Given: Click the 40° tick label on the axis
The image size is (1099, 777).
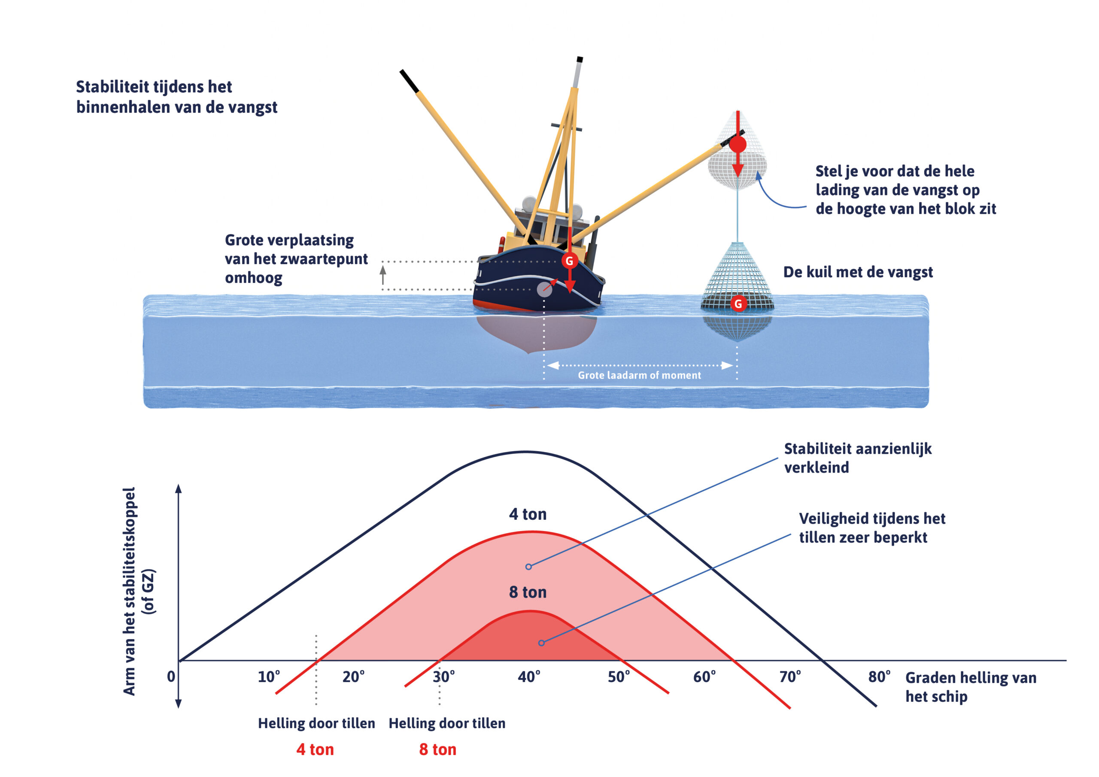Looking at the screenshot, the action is click(529, 677).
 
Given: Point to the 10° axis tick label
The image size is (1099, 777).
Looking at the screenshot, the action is click(269, 677).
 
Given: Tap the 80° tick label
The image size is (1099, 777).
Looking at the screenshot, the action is click(879, 677).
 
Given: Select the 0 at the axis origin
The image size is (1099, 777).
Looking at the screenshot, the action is click(171, 677).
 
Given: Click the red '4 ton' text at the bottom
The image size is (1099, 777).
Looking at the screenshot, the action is click(315, 750).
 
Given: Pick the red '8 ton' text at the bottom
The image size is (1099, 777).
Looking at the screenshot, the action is click(437, 750).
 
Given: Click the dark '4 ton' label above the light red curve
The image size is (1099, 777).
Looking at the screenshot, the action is click(528, 514).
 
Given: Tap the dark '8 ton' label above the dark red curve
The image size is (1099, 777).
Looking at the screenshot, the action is click(528, 592).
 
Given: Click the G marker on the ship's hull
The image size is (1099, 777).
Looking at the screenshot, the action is click(569, 261).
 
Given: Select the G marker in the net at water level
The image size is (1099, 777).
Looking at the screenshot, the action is click(738, 304).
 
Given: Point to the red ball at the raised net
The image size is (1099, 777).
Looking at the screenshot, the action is click(738, 144).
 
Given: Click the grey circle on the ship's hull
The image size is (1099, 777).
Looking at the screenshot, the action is click(544, 289).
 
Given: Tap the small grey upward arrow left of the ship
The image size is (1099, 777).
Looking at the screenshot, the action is click(383, 275).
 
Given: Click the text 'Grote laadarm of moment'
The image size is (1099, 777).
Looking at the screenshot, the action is click(639, 375).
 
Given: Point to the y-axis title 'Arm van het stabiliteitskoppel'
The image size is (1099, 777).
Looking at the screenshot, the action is click(129, 591).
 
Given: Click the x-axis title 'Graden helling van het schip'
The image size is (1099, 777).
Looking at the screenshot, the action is click(971, 687).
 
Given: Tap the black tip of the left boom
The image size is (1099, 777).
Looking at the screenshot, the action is click(409, 81).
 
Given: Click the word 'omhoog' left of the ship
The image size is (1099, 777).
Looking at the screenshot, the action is click(254, 278).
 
